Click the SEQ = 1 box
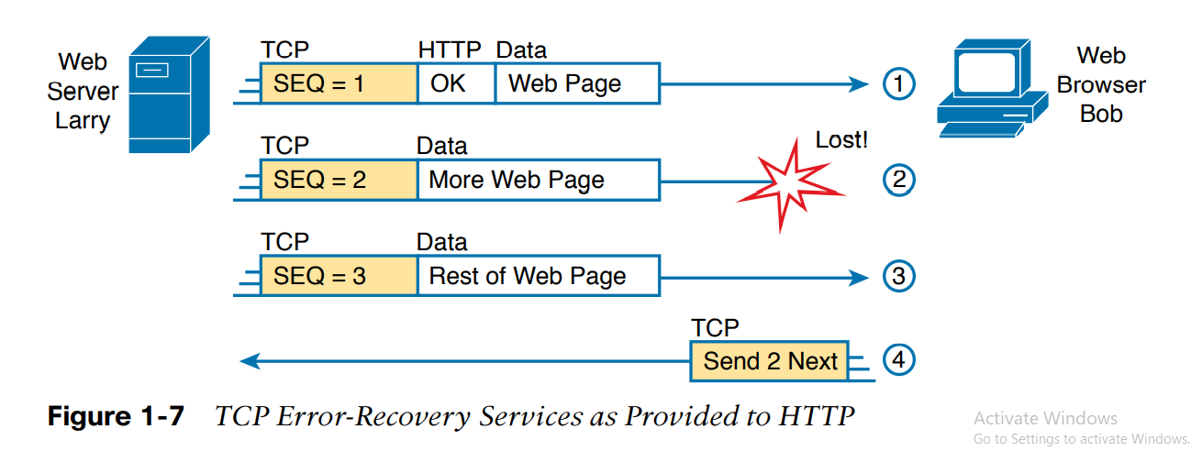click(339, 84)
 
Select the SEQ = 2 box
click(339, 180)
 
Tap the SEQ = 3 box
click(339, 276)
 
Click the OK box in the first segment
click(456, 84)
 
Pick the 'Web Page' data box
click(576, 84)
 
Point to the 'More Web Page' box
click(538, 180)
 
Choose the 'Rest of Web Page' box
click(538, 276)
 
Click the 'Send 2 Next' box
click(770, 361)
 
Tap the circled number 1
click(899, 85)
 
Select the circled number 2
click(899, 180)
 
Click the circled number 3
click(899, 276)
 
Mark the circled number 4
click(899, 360)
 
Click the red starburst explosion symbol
click(790, 188)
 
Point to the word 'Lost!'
click(840, 140)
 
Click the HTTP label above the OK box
click(450, 49)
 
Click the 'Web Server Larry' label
click(83, 91)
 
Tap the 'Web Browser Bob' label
click(1101, 84)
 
